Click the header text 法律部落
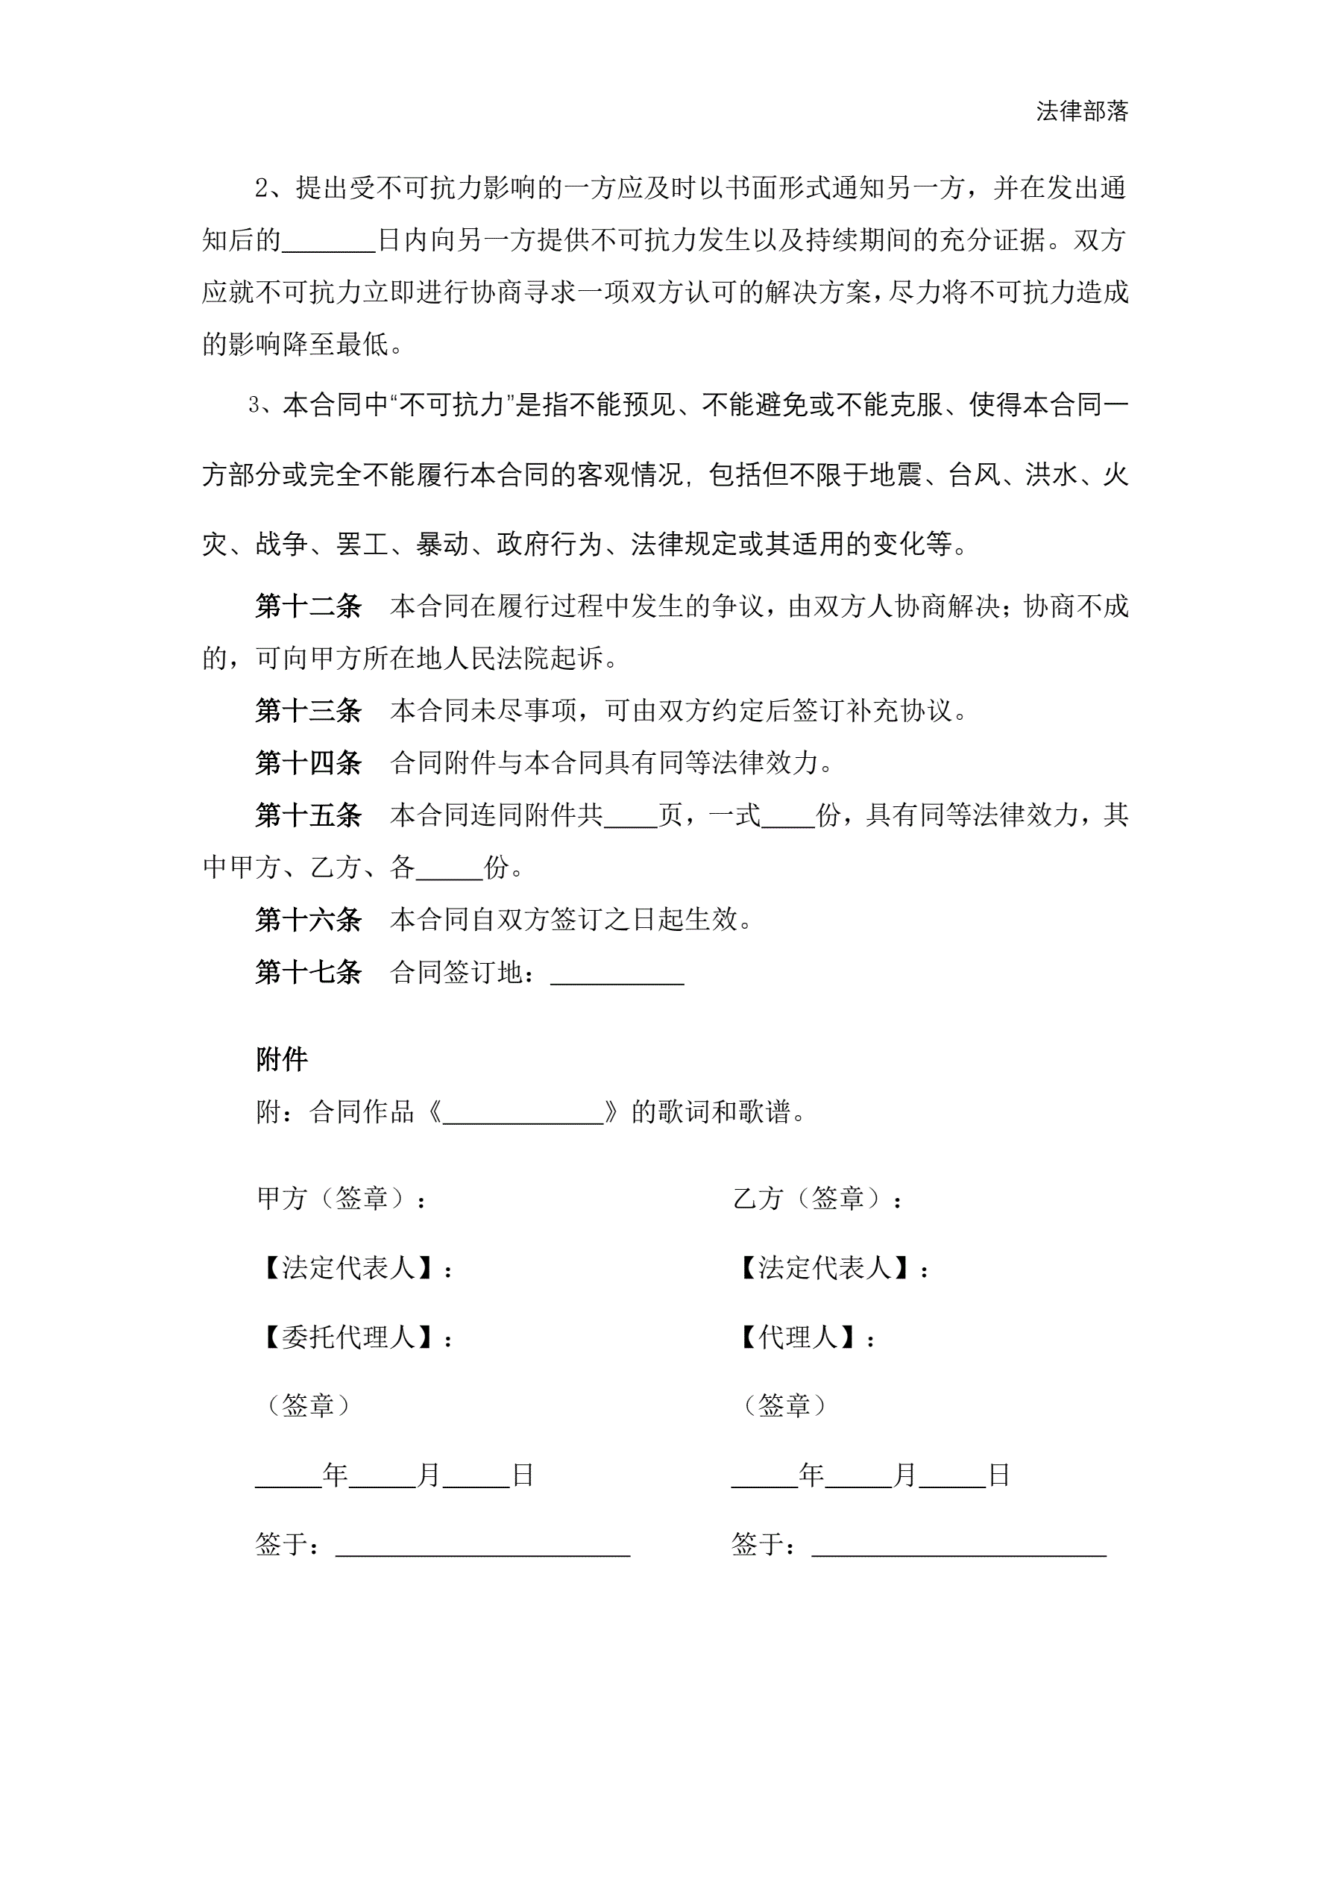coord(1081,111)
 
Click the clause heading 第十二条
coord(308,606)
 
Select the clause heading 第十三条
coord(308,710)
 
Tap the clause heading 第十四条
coord(308,762)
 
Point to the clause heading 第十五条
coord(308,815)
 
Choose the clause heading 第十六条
coord(308,919)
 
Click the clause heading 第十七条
coord(308,971)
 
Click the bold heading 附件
coord(281,1059)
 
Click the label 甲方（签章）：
coord(341,1199)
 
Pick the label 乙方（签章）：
coord(817,1199)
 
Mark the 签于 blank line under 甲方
coord(482,1546)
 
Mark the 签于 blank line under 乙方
coord(959,1546)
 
